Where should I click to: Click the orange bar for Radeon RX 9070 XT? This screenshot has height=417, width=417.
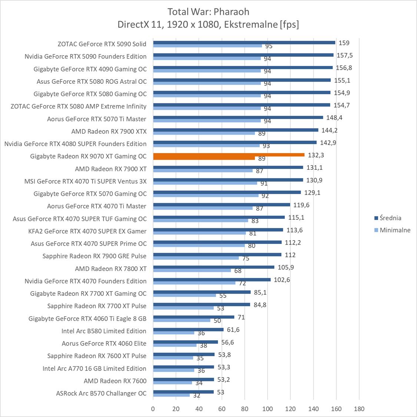(x=228, y=155)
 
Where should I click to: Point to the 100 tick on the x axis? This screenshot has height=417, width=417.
(x=267, y=409)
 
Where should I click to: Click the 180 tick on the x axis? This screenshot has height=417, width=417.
(x=359, y=409)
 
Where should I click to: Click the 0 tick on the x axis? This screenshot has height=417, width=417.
(x=153, y=409)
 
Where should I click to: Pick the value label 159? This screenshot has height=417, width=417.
(x=344, y=43)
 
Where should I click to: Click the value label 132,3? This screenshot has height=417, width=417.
(x=316, y=155)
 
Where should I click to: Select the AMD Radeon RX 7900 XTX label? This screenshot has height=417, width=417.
(x=109, y=131)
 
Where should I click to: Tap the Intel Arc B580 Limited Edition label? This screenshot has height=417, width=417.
(x=104, y=331)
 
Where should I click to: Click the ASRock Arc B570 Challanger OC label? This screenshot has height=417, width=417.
(x=101, y=393)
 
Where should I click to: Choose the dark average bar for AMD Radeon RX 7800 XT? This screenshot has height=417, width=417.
(x=214, y=267)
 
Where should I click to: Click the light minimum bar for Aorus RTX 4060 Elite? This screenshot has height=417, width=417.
(x=175, y=345)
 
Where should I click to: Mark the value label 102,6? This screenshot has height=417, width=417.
(x=282, y=280)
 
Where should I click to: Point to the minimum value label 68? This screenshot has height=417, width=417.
(x=238, y=271)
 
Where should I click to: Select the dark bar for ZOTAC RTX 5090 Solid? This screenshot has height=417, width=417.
(x=244, y=43)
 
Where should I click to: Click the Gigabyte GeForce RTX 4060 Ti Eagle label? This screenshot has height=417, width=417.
(x=87, y=318)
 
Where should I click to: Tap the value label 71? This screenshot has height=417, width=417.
(x=241, y=317)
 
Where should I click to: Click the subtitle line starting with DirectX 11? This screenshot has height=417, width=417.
(x=208, y=24)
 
